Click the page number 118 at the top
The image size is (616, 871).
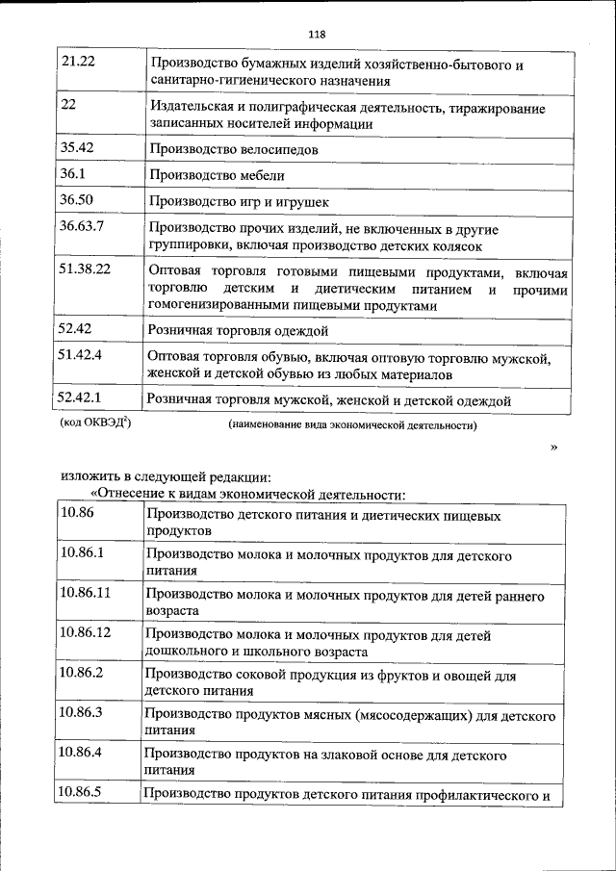pos(317,36)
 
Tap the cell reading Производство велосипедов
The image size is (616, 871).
pos(234,150)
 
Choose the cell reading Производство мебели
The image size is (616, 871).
pos(217,176)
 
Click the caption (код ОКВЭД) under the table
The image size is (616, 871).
pos(95,423)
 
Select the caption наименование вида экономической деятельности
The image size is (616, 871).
pos(352,424)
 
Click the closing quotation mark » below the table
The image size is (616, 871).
pos(553,447)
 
